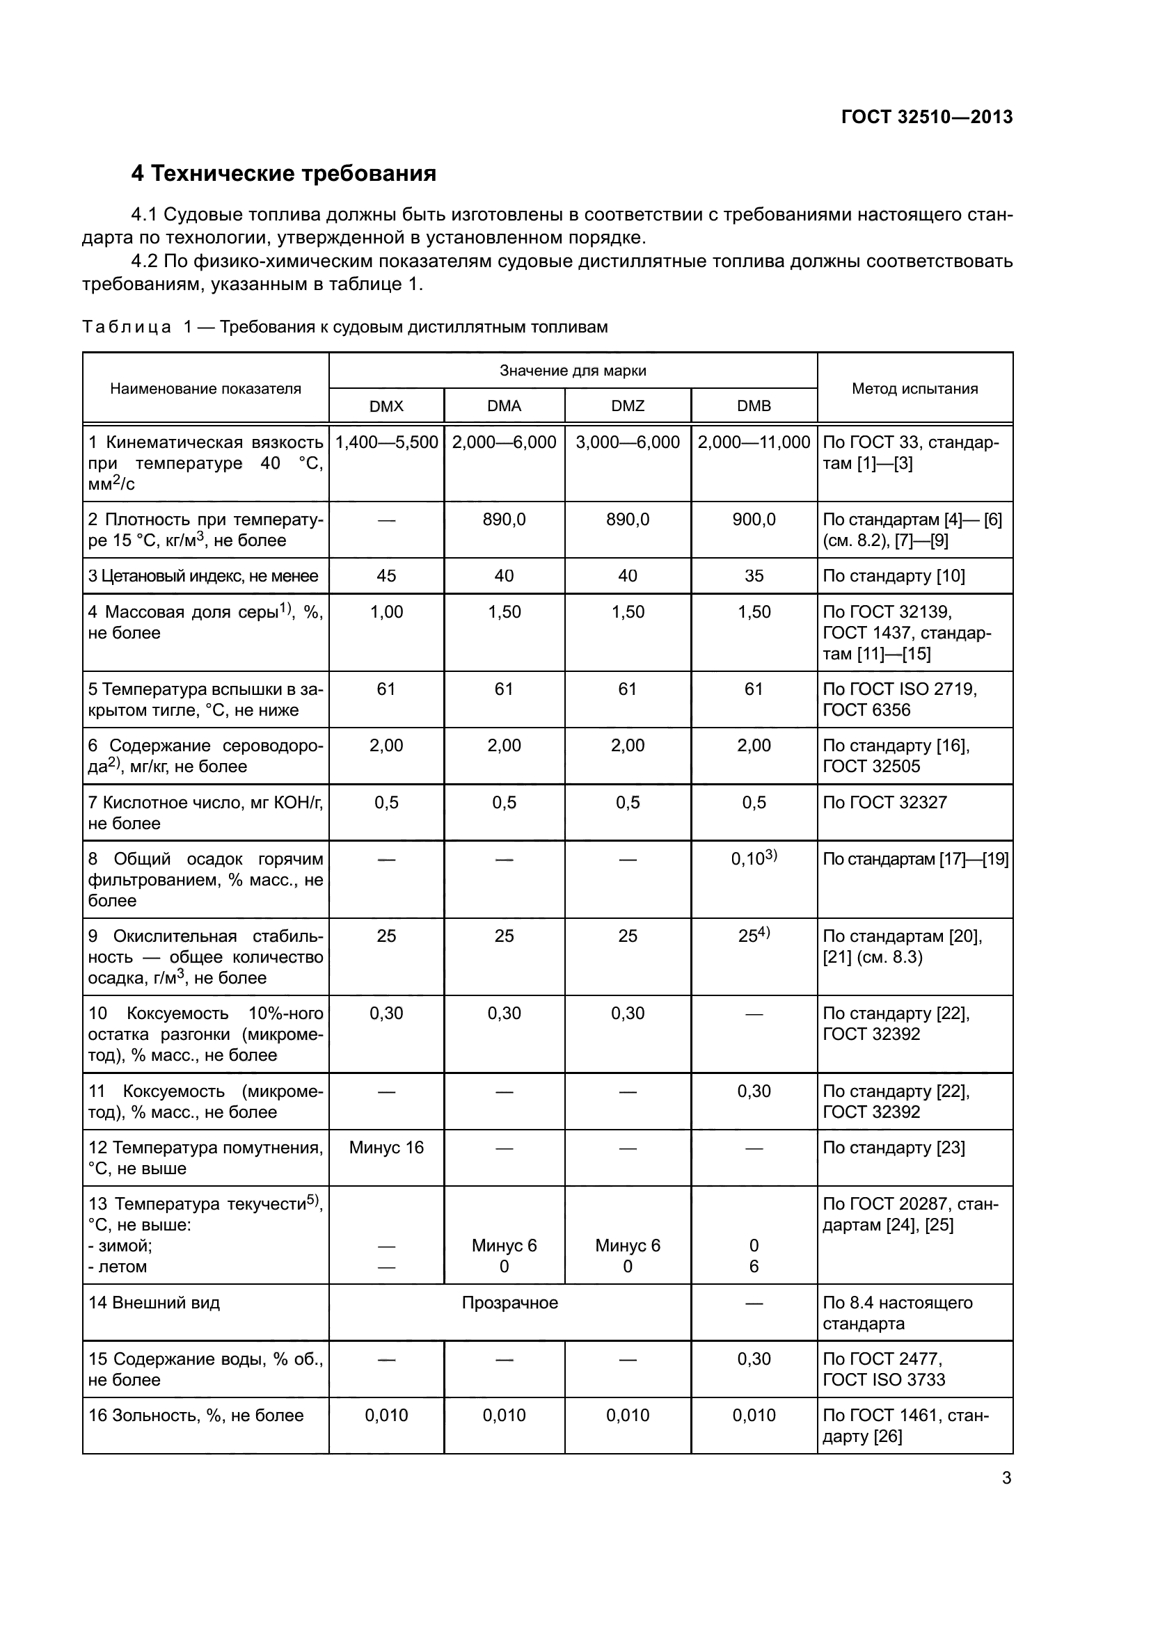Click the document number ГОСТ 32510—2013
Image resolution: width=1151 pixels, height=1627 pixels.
click(x=926, y=117)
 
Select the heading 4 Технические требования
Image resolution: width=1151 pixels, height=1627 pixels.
click(x=283, y=174)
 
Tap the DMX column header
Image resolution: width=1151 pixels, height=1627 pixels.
click(x=386, y=406)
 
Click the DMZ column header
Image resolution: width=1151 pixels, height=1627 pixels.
click(x=627, y=406)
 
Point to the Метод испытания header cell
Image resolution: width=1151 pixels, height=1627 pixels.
click(x=914, y=388)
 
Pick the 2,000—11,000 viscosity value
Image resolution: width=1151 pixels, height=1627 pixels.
click(x=754, y=442)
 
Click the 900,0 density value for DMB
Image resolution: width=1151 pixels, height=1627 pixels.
click(x=754, y=520)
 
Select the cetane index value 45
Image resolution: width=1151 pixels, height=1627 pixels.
click(x=386, y=575)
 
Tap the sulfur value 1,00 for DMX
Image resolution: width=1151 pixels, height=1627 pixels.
click(x=386, y=611)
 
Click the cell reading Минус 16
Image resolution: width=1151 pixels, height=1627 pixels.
click(x=386, y=1147)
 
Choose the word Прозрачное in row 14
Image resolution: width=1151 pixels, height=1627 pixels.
click(x=509, y=1302)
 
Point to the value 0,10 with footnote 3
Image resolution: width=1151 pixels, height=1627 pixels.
click(x=754, y=859)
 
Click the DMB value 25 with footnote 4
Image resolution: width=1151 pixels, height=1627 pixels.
click(x=754, y=936)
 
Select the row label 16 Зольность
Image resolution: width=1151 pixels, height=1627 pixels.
click(x=196, y=1415)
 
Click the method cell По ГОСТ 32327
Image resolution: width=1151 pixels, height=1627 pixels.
click(x=884, y=802)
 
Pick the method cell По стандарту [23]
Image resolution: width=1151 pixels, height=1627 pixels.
click(x=893, y=1147)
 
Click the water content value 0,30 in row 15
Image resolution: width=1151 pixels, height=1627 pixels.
click(x=754, y=1358)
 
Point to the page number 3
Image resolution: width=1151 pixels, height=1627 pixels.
click(x=1006, y=1478)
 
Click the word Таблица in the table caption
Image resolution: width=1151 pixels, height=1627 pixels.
click(x=126, y=327)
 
